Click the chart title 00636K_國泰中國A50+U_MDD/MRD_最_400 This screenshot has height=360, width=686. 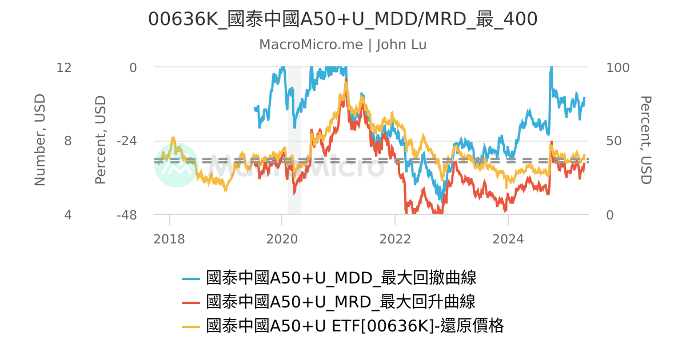pos(342,19)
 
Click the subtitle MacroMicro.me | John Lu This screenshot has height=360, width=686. pos(342,45)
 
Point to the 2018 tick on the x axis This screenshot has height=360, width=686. pos(169,239)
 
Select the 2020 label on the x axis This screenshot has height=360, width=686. pos(282,239)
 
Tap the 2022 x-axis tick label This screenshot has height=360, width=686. pos(395,239)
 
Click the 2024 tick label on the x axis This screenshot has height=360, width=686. pos(508,239)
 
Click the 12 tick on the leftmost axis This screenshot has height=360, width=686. pos(64,67)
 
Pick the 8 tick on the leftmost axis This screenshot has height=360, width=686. pos(67,141)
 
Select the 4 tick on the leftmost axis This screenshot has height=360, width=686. pos(67,215)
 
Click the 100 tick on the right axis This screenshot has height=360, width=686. pos(617,67)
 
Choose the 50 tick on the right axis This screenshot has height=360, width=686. pos(614,141)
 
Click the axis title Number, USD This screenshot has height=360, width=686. pos(39,141)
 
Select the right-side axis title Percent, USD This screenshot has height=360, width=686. pos(645,141)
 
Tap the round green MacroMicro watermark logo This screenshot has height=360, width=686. pos(177,165)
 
